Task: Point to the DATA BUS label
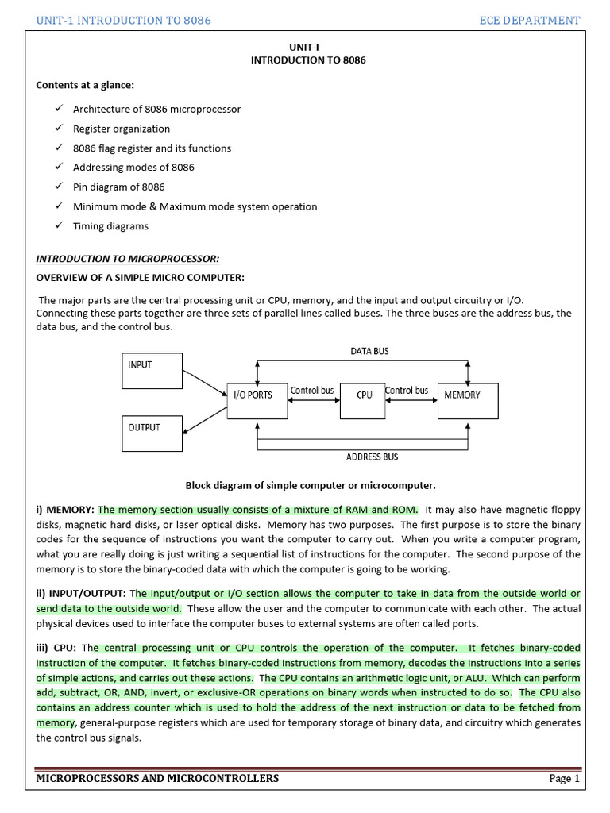click(x=369, y=351)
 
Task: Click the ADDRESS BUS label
click(x=372, y=457)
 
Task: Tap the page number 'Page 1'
click(x=564, y=778)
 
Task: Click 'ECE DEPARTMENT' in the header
click(x=530, y=20)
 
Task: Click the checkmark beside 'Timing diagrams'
click(x=59, y=225)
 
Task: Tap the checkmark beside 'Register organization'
click(x=59, y=128)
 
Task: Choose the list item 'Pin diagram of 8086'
click(x=118, y=187)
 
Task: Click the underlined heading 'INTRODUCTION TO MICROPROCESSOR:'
click(x=128, y=259)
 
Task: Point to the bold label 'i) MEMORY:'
click(x=65, y=510)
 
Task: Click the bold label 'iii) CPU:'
click(x=56, y=647)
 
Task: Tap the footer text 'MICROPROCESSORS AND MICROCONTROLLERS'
click(x=157, y=778)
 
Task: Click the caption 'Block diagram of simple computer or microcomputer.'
click(x=311, y=485)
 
